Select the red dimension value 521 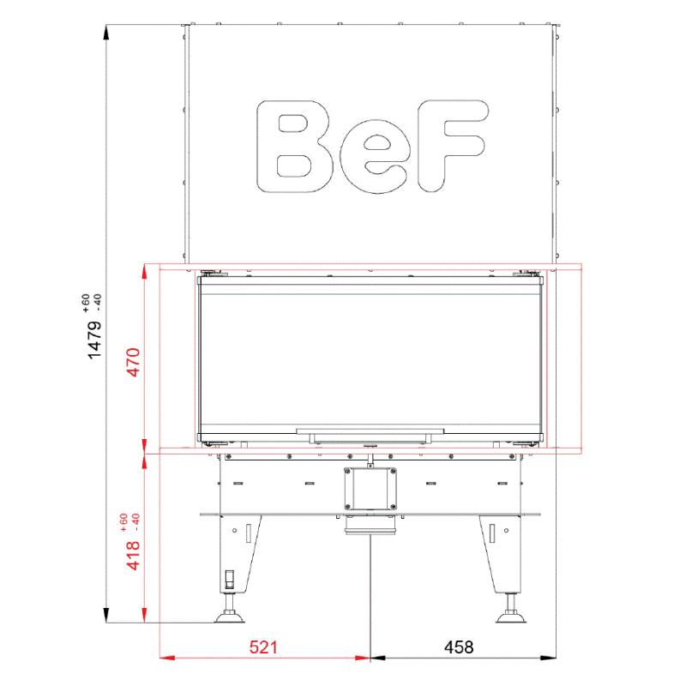263,647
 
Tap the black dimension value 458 459,647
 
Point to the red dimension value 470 133,362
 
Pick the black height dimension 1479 94,340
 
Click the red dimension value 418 133,556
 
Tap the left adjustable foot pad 229,617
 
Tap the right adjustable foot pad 510,617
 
